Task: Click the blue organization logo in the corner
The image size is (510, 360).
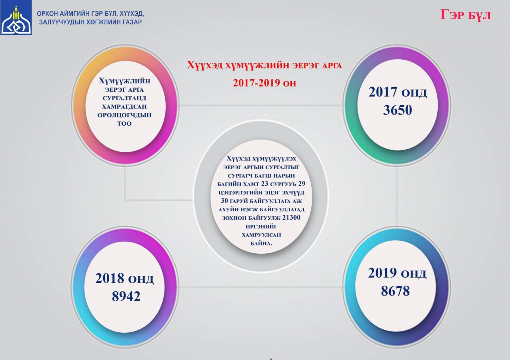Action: coord(16,18)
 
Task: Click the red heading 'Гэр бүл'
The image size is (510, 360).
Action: coord(465,15)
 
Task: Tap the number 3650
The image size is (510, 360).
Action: coord(397,110)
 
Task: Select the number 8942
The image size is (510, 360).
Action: coord(126,296)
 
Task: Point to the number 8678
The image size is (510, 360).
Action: coord(395,291)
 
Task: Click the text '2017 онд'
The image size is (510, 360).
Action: coord(397,92)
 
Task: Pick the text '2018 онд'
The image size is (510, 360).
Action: coord(125,279)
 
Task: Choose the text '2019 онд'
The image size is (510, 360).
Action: coord(397,273)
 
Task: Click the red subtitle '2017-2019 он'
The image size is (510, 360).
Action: coord(264,83)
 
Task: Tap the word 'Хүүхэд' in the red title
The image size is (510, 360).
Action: coord(205,65)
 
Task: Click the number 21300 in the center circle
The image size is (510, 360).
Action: coord(291,218)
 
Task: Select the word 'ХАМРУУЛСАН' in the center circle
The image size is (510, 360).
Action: coord(261,235)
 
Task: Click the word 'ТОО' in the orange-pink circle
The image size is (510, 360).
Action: coord(124,124)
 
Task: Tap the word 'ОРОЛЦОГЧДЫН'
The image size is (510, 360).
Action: coord(124,115)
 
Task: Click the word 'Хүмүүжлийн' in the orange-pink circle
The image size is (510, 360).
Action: coord(124,81)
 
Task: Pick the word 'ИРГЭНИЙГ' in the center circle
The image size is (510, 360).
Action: coord(261,227)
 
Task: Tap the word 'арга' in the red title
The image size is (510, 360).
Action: coord(332,66)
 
